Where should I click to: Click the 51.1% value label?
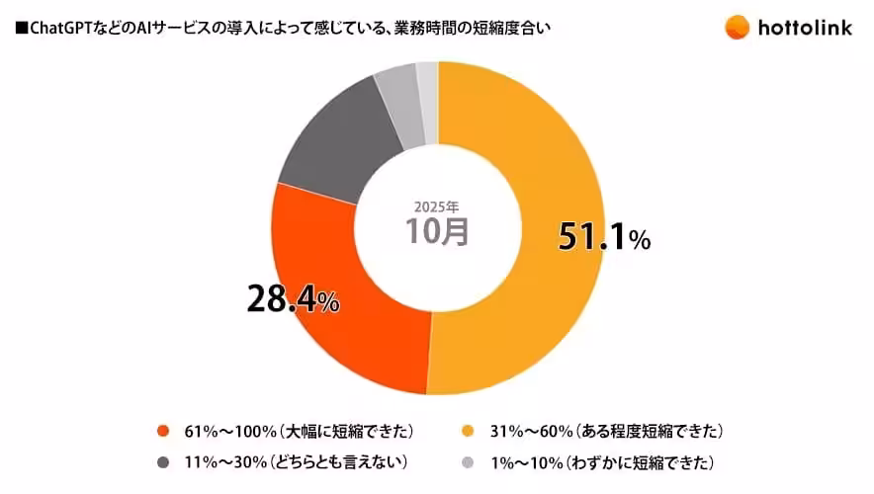603,237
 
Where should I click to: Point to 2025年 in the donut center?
437,207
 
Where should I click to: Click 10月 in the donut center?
437,231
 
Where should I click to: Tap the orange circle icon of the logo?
737,27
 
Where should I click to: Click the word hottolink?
808,27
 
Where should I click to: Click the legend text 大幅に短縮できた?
345,431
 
